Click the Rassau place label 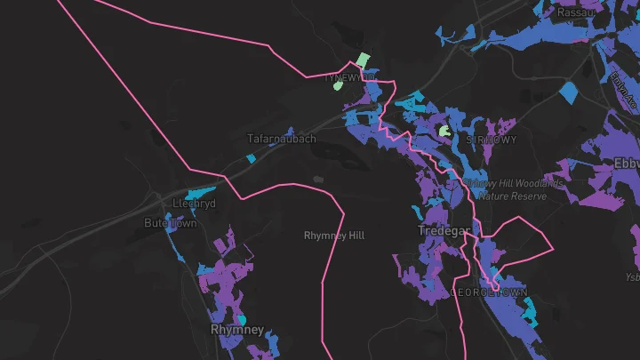(x=574, y=12)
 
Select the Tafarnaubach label (x=281, y=139)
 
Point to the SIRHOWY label (x=491, y=140)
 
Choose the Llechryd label (x=195, y=204)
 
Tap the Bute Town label (x=171, y=223)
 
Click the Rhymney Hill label (x=334, y=236)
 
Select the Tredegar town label (x=444, y=231)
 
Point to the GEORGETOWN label (x=490, y=292)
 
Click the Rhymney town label (x=237, y=330)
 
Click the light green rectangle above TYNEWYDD (x=363, y=60)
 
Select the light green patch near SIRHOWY (x=444, y=132)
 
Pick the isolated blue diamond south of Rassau (x=568, y=91)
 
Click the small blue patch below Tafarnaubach (x=252, y=159)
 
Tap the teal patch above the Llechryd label (x=199, y=192)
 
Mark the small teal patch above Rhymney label (x=241, y=318)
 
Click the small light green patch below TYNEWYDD (x=338, y=86)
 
